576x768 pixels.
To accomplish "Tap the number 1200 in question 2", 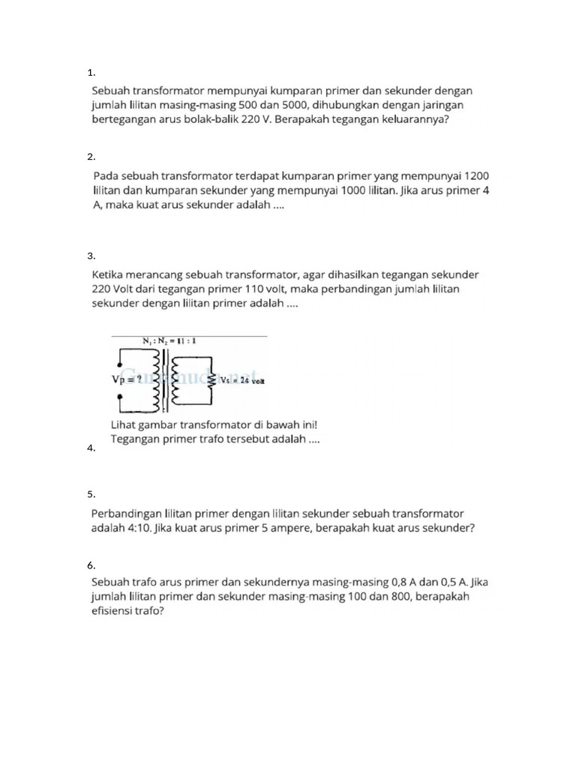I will click(x=477, y=175).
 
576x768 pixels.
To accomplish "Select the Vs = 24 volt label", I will click(x=242, y=380).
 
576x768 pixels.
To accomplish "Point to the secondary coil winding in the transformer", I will click(x=178, y=379).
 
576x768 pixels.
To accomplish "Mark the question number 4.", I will click(x=91, y=448).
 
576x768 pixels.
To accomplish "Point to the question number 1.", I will click(x=91, y=73).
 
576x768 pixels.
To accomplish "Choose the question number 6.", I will click(x=91, y=565).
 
